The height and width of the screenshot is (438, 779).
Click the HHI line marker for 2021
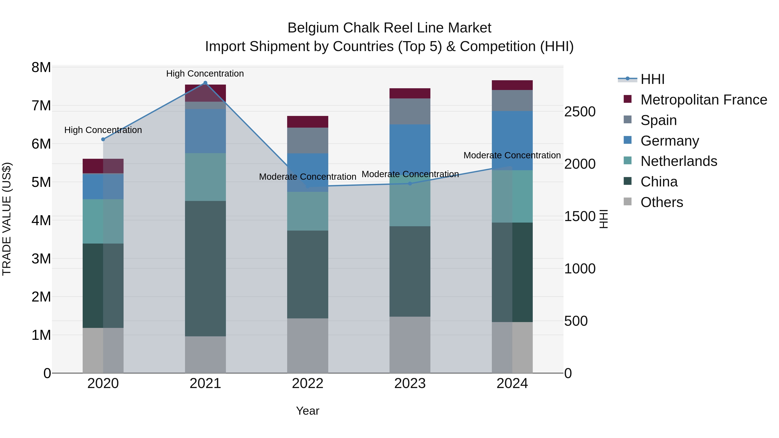pyautogui.click(x=205, y=83)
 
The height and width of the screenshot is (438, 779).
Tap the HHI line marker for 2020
pyautogui.click(x=103, y=139)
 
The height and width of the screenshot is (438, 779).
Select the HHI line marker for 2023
pyautogui.click(x=410, y=183)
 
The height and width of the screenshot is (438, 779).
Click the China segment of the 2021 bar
pyautogui.click(x=205, y=268)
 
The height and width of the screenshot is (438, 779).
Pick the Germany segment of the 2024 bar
pyautogui.click(x=512, y=141)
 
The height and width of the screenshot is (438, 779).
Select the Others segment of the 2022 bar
pyautogui.click(x=307, y=345)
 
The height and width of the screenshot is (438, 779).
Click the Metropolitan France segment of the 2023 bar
pyautogui.click(x=410, y=93)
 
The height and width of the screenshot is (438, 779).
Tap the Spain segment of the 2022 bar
pyautogui.click(x=307, y=141)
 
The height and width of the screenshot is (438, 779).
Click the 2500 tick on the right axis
pyautogui.click(x=580, y=112)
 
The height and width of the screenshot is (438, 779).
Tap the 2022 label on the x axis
pyautogui.click(x=307, y=383)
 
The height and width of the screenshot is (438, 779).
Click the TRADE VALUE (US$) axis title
pyautogui.click(x=7, y=219)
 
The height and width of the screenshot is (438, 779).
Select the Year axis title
pyautogui.click(x=307, y=411)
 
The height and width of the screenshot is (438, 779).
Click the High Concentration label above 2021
pyautogui.click(x=205, y=74)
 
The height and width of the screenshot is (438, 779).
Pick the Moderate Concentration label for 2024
pyautogui.click(x=512, y=155)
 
